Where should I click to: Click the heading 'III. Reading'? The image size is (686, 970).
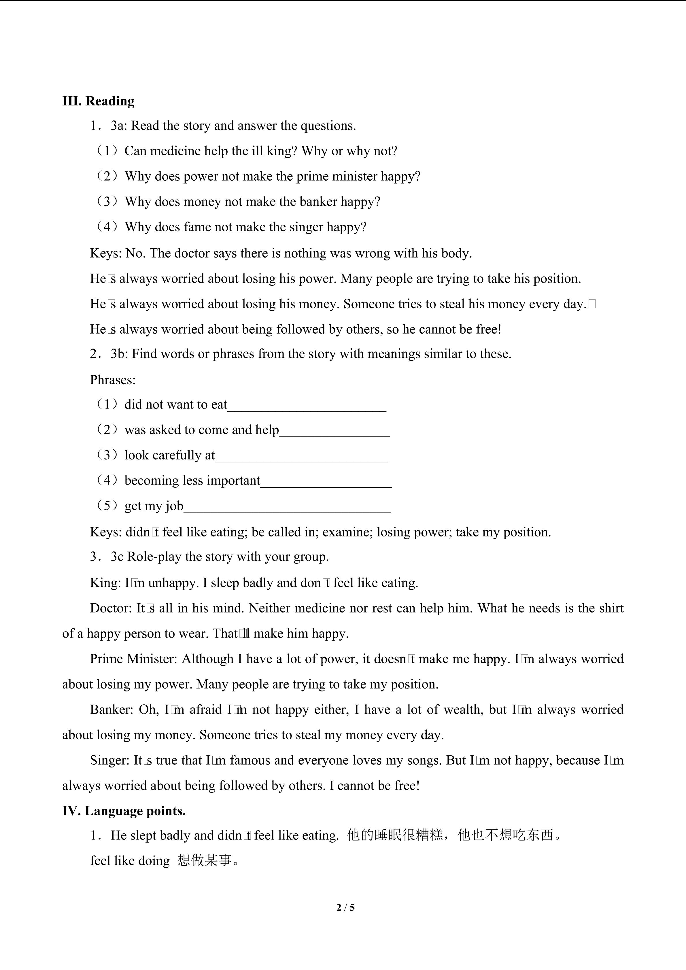coord(99,101)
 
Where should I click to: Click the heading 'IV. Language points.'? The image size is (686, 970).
coord(124,811)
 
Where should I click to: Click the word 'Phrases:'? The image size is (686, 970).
coord(113,380)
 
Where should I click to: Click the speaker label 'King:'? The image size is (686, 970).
coord(105,583)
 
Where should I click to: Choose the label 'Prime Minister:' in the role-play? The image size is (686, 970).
coord(133,659)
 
